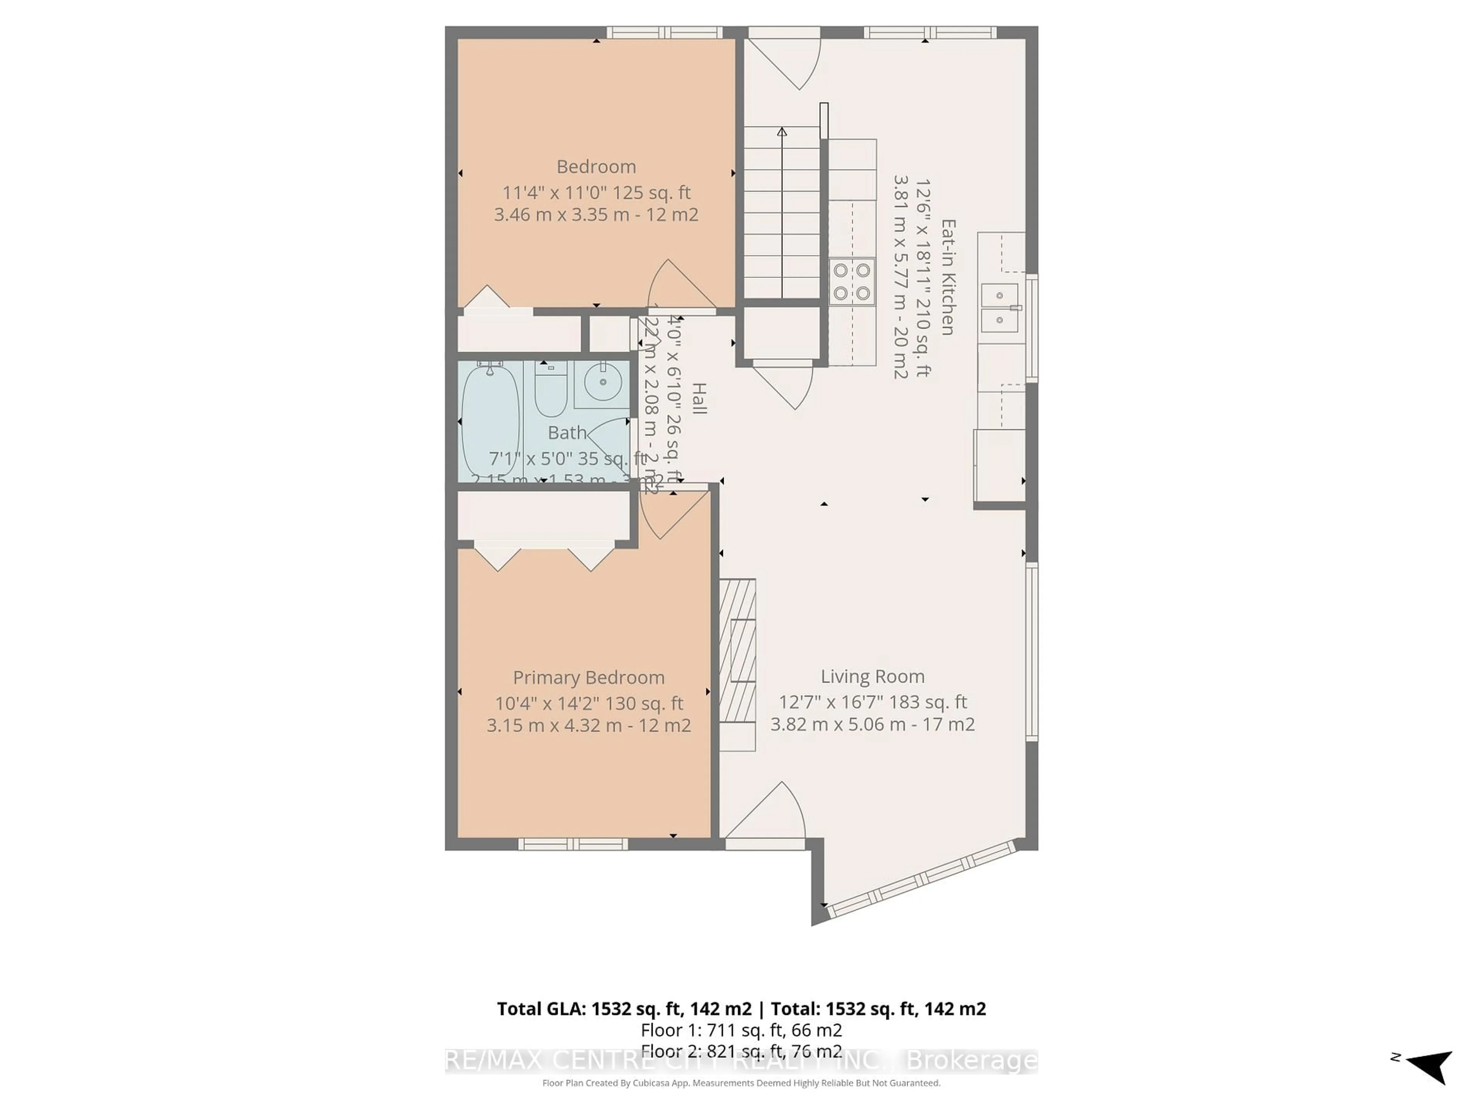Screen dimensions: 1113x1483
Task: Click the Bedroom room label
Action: point(596,167)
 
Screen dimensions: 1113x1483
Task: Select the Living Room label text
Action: point(872,676)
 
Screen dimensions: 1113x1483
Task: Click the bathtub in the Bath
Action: point(490,419)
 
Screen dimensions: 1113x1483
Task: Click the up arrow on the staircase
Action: point(782,132)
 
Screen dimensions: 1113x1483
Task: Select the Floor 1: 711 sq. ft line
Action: point(741,1030)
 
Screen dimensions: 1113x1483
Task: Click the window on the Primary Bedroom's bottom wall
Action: point(573,844)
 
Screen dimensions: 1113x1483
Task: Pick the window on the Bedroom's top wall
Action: point(664,32)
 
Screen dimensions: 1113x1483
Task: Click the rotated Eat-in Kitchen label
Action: point(947,277)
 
